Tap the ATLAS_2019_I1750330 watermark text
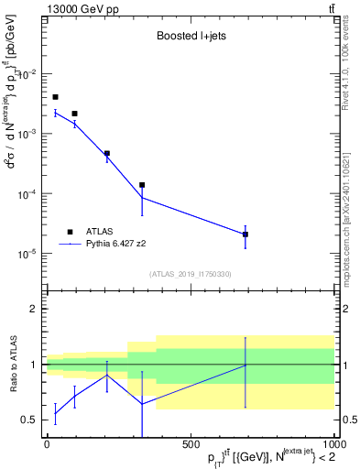(x=190, y=274)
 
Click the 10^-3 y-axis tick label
(x=30, y=134)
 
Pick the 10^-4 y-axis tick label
(x=30, y=194)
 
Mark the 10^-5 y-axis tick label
(x=30, y=254)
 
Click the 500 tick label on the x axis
(x=191, y=445)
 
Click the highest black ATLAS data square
(x=55, y=97)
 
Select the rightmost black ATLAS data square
(x=245, y=234)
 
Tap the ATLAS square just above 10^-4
(x=142, y=185)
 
